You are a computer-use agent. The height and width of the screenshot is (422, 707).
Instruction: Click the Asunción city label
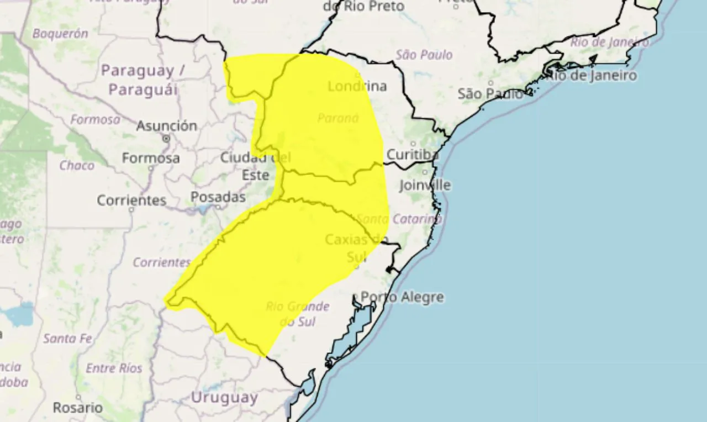click(166, 126)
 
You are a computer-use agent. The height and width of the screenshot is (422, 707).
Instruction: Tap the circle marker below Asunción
click(166, 138)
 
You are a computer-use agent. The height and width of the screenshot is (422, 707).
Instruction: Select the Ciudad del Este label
click(255, 166)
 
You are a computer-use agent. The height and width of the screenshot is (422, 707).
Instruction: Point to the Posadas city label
click(218, 197)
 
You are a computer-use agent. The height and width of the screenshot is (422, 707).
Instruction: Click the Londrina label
click(357, 86)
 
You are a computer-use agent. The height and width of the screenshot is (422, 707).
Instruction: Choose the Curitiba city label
click(412, 155)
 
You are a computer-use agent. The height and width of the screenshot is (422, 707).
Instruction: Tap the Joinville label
click(424, 185)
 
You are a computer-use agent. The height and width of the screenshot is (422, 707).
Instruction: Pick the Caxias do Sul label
click(354, 247)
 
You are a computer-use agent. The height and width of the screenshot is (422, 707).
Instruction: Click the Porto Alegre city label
click(402, 297)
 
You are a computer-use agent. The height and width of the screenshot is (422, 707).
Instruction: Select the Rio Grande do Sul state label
click(297, 314)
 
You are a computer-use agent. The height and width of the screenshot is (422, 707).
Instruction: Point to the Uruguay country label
click(224, 397)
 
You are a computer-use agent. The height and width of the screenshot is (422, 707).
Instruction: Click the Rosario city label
click(78, 408)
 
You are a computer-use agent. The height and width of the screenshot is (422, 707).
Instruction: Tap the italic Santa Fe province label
click(67, 338)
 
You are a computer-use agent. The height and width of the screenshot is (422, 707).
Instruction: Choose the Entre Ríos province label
click(114, 368)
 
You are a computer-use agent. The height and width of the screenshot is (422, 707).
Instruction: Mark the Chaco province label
click(77, 165)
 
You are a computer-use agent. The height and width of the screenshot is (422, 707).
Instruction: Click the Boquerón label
click(60, 34)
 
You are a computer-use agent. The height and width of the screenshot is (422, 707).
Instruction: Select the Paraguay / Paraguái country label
click(143, 80)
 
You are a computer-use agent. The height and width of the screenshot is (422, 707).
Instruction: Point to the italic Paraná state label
click(338, 118)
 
